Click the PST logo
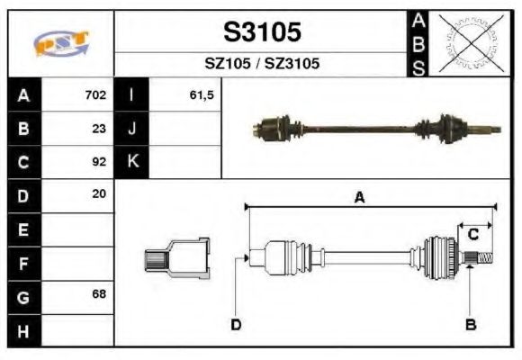60,42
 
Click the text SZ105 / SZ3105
261,64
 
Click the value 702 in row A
95,94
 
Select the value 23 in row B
99,128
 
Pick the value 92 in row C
99,162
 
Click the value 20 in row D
99,194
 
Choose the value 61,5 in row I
202,94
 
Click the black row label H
23,329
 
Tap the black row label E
23,229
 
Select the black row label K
131,162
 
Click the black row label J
131,128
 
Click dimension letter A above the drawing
359,198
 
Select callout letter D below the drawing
236,324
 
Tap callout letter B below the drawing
470,324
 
